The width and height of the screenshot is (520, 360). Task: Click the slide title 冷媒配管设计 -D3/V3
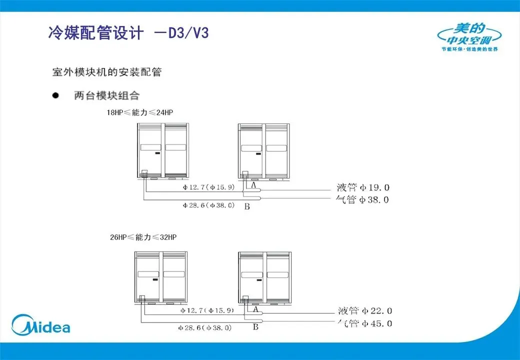click(x=128, y=33)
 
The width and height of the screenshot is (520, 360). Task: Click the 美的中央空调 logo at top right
click(x=469, y=34)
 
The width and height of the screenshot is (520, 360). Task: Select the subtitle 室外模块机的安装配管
click(x=107, y=72)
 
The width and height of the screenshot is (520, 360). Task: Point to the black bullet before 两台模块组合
click(x=56, y=95)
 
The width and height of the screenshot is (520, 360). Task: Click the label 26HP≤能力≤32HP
click(x=143, y=236)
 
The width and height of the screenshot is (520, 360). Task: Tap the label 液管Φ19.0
click(x=363, y=188)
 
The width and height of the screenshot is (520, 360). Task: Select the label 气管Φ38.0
click(x=363, y=200)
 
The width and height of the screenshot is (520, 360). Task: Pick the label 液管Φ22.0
click(x=364, y=311)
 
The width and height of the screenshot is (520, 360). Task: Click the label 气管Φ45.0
click(x=364, y=323)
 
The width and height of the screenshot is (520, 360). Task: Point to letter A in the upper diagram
click(x=253, y=185)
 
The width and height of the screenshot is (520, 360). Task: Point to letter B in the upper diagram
click(x=247, y=206)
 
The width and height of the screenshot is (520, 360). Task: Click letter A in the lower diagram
click(x=255, y=309)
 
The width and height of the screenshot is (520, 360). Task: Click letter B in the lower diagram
click(x=255, y=327)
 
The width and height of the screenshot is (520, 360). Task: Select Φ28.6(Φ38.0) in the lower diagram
click(x=205, y=328)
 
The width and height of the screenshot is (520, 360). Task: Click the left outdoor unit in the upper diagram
click(x=162, y=150)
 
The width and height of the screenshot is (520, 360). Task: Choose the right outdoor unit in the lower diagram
click(x=264, y=277)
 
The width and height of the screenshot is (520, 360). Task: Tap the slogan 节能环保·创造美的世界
click(x=469, y=49)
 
